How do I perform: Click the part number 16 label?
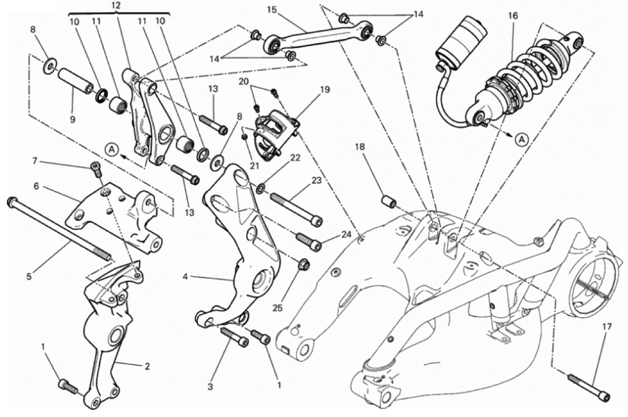pyautogui.click(x=513, y=15)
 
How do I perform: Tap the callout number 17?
pyautogui.click(x=606, y=327)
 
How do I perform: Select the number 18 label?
pyautogui.click(x=360, y=147)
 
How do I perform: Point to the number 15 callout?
pyautogui.click(x=272, y=9)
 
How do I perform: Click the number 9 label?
pyautogui.click(x=72, y=120)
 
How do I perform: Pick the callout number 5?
pyautogui.click(x=29, y=277)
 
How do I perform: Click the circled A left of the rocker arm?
pyautogui.click(x=113, y=150)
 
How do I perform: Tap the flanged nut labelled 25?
pyautogui.click(x=304, y=265)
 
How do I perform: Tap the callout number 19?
pyautogui.click(x=325, y=89)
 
